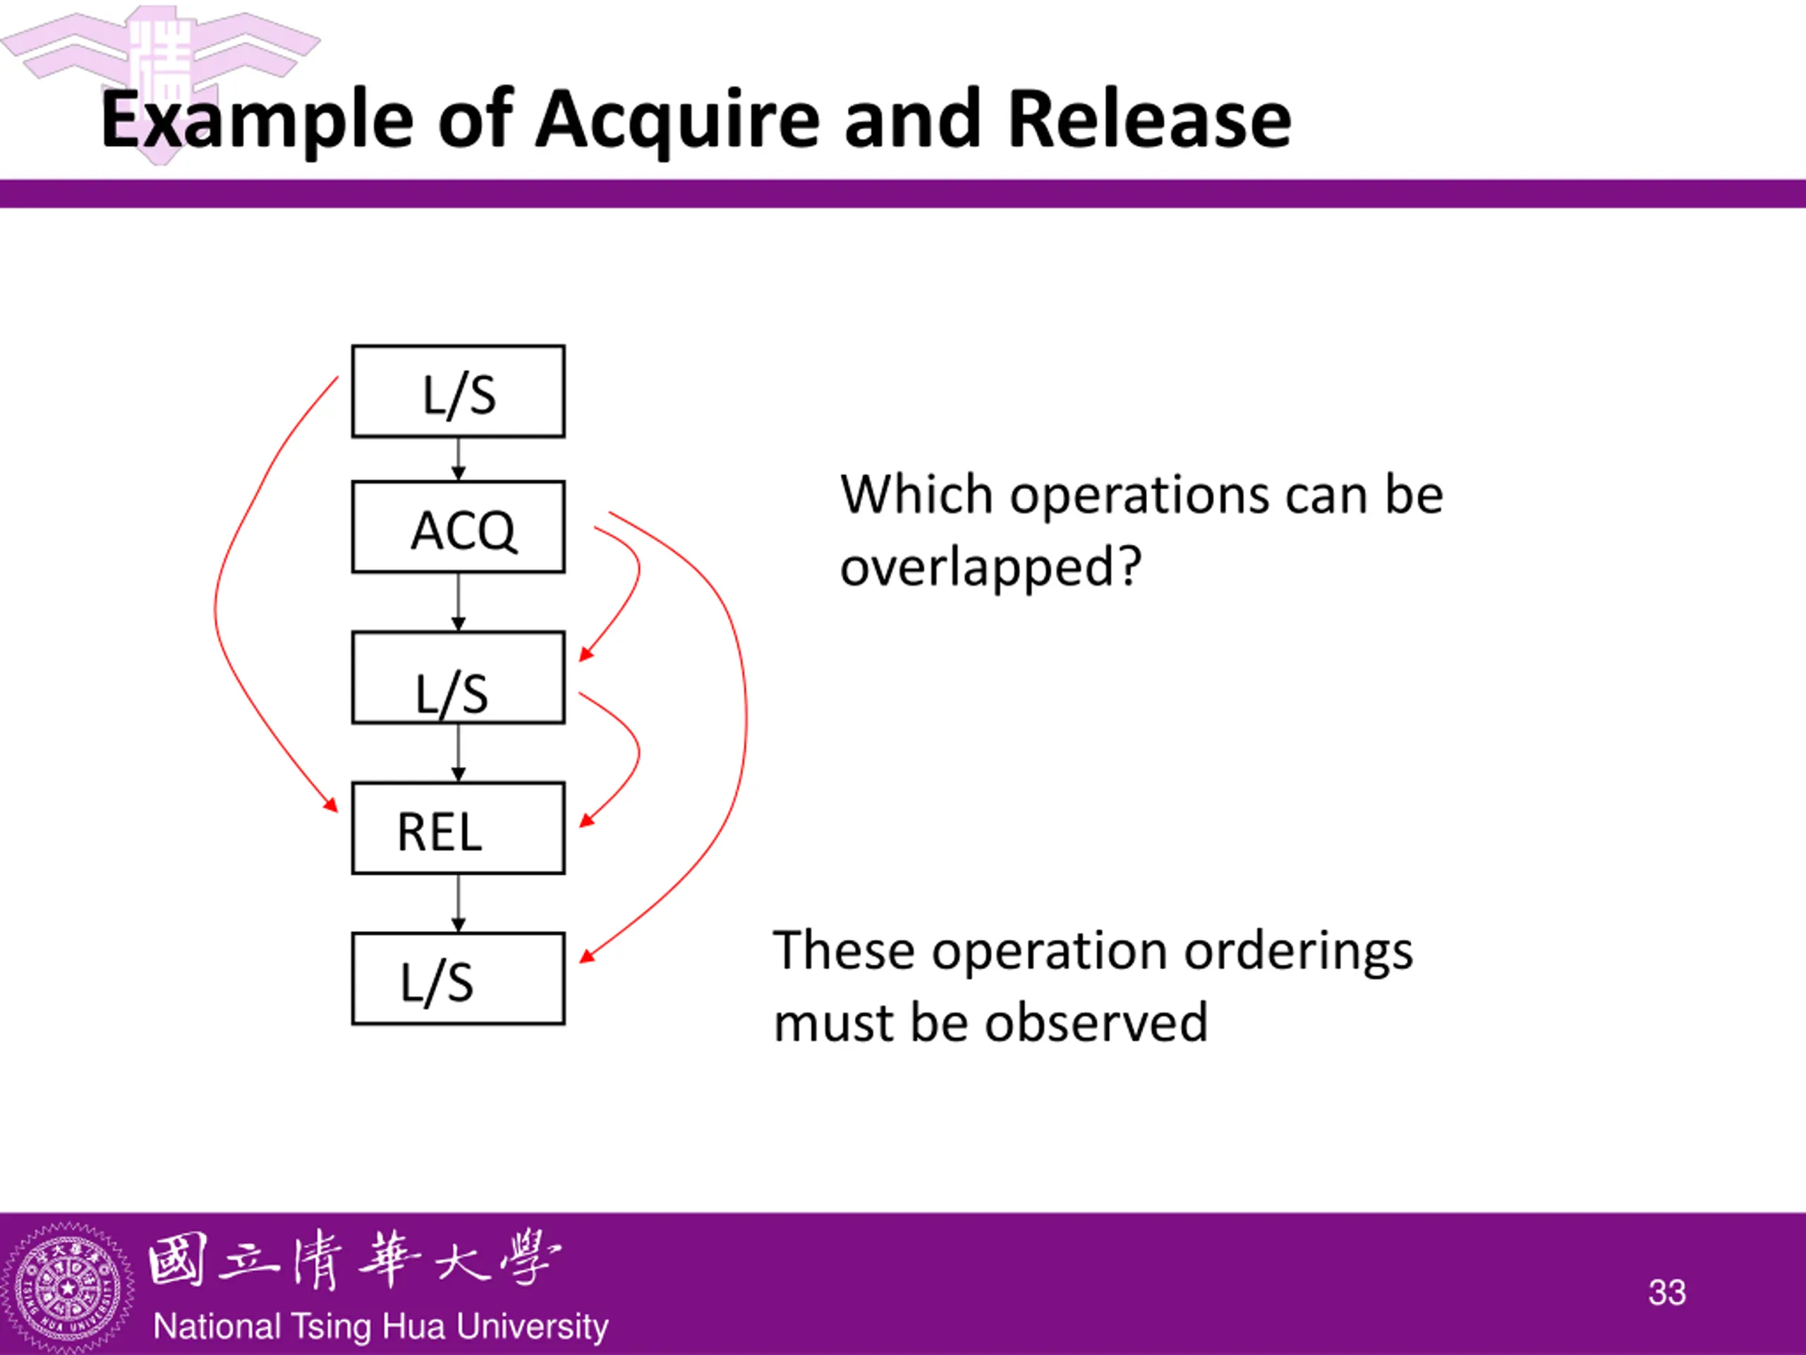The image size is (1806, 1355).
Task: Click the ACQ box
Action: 458,526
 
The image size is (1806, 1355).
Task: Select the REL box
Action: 458,829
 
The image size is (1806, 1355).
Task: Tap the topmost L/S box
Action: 458,391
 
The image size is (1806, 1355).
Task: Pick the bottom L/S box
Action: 458,978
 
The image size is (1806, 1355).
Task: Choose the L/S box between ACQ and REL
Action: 458,677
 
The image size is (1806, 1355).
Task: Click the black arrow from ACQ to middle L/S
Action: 458,601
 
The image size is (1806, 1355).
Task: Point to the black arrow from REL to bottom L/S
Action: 458,903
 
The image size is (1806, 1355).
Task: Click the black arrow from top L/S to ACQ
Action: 458,458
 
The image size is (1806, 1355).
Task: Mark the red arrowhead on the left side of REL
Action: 331,805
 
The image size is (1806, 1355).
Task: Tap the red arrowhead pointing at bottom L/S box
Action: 586,956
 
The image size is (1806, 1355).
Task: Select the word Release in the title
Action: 1150,119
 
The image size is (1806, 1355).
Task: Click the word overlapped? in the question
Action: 990,567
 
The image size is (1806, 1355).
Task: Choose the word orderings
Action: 1298,952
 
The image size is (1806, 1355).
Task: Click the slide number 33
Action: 1666,1292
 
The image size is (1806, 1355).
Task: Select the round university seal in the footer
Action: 68,1288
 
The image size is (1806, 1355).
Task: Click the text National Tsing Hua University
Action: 380,1326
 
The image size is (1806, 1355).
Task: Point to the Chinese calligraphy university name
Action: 354,1260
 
